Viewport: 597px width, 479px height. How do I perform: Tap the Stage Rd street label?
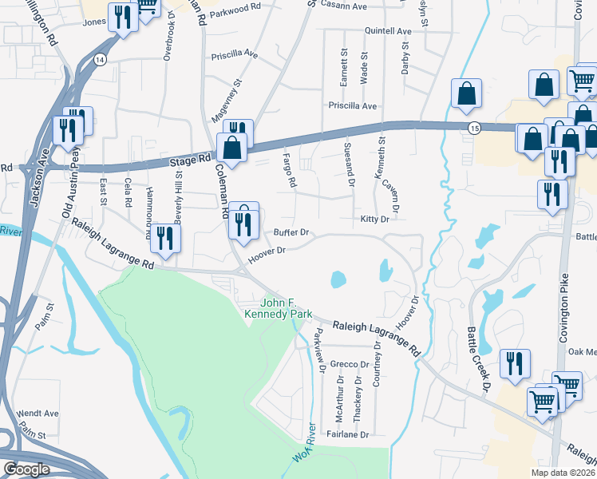(x=189, y=162)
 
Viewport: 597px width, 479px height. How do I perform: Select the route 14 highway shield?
(x=100, y=60)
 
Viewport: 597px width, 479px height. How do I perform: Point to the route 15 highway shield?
(x=475, y=128)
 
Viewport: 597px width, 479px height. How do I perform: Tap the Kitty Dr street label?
(x=374, y=219)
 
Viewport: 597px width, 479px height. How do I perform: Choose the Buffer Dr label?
(x=291, y=233)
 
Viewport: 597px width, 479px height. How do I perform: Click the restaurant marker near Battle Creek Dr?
(x=514, y=363)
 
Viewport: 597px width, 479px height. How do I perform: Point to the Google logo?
(x=26, y=469)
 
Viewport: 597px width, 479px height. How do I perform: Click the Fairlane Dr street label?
(x=349, y=435)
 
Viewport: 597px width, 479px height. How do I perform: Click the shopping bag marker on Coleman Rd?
(x=231, y=148)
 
